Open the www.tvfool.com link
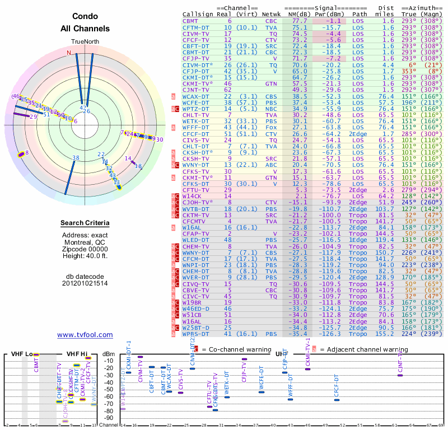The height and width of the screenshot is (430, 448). pos(85,335)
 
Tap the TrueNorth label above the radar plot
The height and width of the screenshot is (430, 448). pos(85,43)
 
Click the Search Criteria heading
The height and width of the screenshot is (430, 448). pos(85,223)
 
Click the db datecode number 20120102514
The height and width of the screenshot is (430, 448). pos(85,283)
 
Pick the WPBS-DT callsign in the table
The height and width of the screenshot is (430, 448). pos(197,334)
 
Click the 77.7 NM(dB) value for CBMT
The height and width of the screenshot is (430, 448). pos(300,21)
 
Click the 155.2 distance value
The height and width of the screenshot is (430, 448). pos(388,334)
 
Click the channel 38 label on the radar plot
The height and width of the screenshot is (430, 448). pos(76,158)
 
